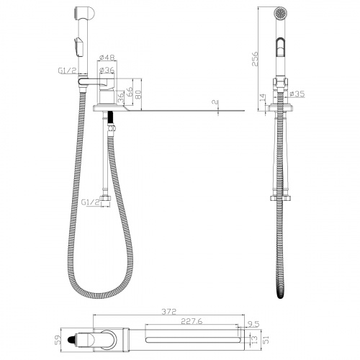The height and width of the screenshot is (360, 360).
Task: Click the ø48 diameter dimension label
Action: (107, 58)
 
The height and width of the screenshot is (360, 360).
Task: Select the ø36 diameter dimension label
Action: (107, 71)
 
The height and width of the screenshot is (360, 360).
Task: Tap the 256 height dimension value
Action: (255, 59)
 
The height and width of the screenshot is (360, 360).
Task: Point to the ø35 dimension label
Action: (297, 94)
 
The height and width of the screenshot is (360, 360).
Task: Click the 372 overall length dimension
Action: (168, 312)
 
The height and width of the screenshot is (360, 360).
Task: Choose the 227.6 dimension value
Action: (192, 321)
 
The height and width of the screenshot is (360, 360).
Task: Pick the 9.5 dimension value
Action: (253, 324)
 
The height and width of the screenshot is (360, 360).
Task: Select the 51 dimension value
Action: (266, 339)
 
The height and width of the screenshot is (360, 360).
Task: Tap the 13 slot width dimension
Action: (255, 339)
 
